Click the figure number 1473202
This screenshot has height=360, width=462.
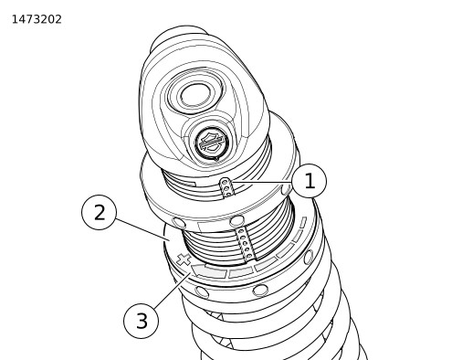[37, 19]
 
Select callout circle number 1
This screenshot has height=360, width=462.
[310, 181]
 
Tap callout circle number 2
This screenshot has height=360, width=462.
[99, 212]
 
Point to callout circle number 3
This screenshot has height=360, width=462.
[141, 321]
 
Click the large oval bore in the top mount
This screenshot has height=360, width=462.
[196, 95]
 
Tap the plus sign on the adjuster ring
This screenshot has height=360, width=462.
[184, 259]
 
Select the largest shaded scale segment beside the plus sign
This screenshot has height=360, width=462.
[209, 270]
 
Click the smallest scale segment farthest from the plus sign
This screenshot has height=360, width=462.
[303, 222]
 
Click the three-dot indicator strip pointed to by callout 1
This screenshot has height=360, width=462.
[226, 187]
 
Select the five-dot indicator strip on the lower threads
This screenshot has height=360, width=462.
[246, 244]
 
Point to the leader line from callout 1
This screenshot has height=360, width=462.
[261, 182]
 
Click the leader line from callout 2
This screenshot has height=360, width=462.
[142, 229]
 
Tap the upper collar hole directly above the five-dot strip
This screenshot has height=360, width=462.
[236, 221]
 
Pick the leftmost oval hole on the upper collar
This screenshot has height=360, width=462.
[179, 223]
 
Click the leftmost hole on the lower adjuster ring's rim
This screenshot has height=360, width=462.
[202, 291]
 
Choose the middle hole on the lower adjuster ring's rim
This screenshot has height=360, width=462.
[260, 290]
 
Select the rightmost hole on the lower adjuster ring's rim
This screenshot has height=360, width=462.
[309, 257]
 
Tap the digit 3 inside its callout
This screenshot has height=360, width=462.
[142, 321]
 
